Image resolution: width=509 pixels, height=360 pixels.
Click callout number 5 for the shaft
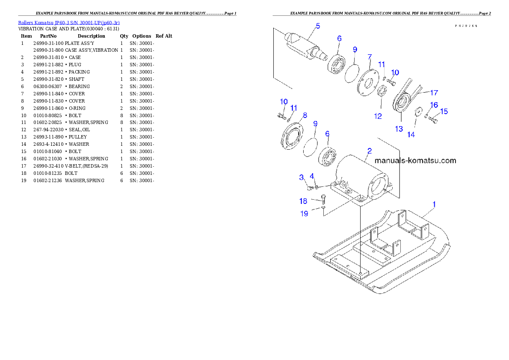pyautogui.click(x=318, y=26)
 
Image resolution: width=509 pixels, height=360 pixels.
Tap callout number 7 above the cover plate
pyautogui.click(x=369, y=56)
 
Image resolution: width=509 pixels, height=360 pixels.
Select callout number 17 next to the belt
pyautogui.click(x=434, y=92)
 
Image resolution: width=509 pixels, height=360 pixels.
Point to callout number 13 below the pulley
pyautogui.click(x=399, y=128)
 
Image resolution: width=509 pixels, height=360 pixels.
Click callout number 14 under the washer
pyautogui.click(x=411, y=134)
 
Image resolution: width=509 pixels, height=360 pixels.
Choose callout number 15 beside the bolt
pyautogui.click(x=444, y=112)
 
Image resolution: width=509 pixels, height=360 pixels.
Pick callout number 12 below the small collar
pyautogui.click(x=378, y=116)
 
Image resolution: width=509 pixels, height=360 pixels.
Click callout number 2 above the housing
pyautogui.click(x=369, y=151)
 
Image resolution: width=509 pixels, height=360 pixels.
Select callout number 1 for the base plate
pyautogui.click(x=434, y=204)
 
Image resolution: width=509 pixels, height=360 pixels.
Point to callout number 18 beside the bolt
pyautogui.click(x=303, y=201)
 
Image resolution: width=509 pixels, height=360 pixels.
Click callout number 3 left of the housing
pyautogui.click(x=302, y=177)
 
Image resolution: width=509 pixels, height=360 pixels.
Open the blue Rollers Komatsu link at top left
pyautogui.click(x=68, y=22)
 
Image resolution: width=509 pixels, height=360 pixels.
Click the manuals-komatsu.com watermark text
pyautogui.click(x=415, y=161)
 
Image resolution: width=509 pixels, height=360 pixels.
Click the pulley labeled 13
pyautogui.click(x=402, y=104)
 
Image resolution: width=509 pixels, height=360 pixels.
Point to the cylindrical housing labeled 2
pyautogui.click(x=364, y=177)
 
